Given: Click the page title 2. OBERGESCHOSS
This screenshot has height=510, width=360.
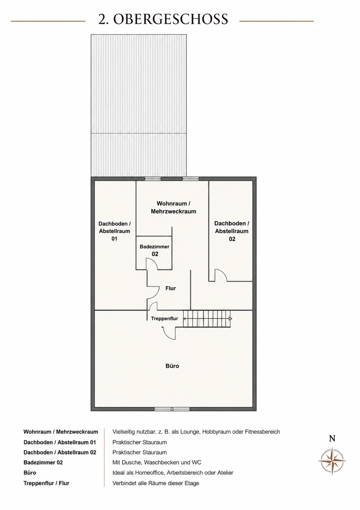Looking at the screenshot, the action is pos(163,19).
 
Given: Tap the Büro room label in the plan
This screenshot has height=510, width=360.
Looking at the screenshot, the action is pos(172,366).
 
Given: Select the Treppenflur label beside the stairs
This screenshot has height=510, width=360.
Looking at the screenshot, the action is pos(164,319).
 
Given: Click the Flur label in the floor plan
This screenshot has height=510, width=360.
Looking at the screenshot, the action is pos(170,288).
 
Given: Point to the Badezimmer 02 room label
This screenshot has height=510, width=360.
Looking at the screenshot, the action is pos(154,250).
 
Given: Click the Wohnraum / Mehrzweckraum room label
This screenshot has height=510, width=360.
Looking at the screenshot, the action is pos(174,207).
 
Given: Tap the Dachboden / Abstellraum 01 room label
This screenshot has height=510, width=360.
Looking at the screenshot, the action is pos(114,231).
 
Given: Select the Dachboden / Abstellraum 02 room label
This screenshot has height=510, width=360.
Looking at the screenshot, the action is pos(232,231).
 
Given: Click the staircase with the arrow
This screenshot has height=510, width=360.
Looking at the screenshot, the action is pos(207,319).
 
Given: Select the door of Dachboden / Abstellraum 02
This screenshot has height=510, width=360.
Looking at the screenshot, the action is pos(221,276).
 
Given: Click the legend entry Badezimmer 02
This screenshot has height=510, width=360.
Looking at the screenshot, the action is pos(43,462).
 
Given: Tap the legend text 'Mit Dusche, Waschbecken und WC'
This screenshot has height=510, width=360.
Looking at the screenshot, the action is pos(157,462).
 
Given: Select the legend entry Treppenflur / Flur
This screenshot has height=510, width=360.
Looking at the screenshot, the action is pos(46,483).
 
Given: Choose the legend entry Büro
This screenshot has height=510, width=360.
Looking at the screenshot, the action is pos(30,473).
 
